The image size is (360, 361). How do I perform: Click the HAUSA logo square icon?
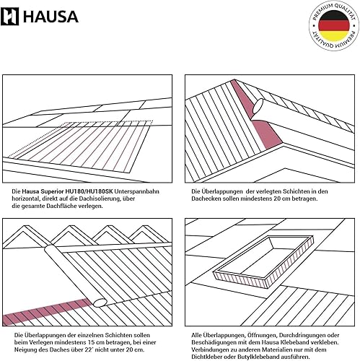(x=9, y=17)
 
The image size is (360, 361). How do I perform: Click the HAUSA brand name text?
(x=51, y=17)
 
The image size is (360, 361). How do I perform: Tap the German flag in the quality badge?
(x=333, y=26)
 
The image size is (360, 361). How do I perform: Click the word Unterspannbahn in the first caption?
(x=137, y=191)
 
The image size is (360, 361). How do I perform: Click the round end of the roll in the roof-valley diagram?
(x=258, y=109)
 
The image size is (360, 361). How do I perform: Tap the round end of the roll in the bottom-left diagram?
(x=100, y=303)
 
